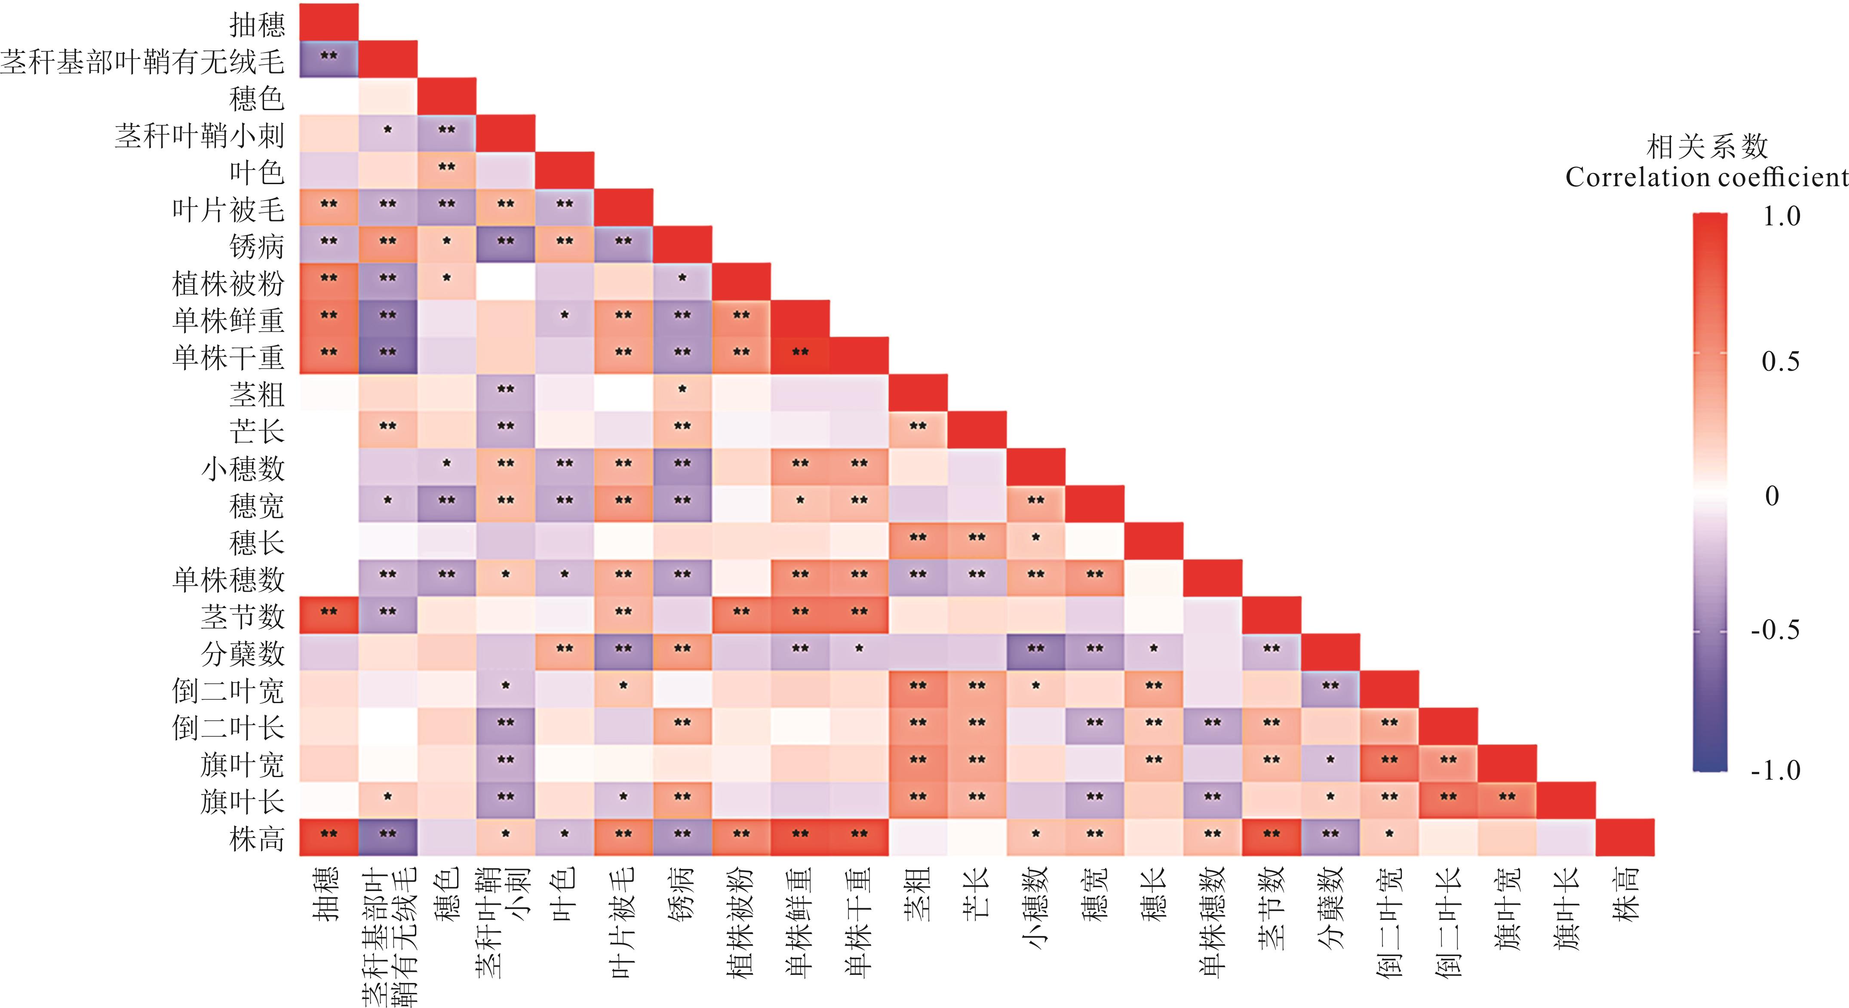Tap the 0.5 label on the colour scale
click(x=1781, y=361)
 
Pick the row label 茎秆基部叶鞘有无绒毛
click(x=142, y=62)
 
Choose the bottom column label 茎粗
click(x=918, y=894)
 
